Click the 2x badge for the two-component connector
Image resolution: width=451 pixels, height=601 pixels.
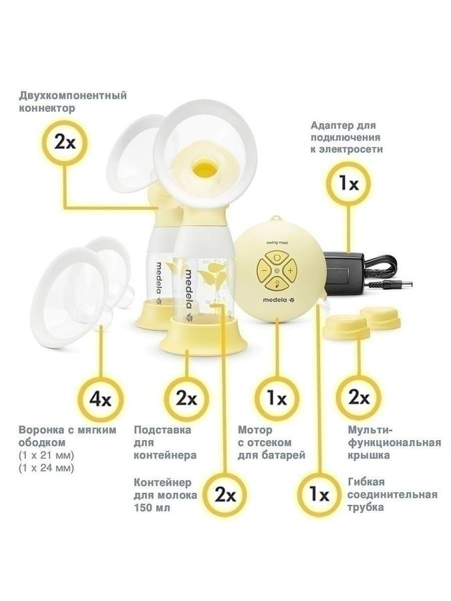(x=65, y=143)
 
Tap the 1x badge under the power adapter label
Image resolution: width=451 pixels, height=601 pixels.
(x=349, y=184)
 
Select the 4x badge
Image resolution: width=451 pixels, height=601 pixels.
(x=100, y=399)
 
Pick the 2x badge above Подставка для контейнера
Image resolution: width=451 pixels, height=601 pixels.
(x=186, y=399)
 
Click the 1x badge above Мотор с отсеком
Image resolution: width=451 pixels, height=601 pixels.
(x=277, y=399)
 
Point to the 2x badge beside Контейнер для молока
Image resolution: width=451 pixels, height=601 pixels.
(x=225, y=495)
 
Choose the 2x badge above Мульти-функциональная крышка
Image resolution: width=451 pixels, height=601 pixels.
(x=359, y=397)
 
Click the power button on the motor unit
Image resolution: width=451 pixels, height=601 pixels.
(x=277, y=258)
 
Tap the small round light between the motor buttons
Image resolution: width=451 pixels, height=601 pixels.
(x=277, y=271)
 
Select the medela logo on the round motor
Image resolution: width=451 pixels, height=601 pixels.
(x=277, y=300)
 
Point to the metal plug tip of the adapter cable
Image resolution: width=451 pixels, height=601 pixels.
(x=407, y=284)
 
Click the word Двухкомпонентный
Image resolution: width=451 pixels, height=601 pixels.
(x=73, y=95)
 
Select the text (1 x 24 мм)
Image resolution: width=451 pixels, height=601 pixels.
(x=46, y=468)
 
